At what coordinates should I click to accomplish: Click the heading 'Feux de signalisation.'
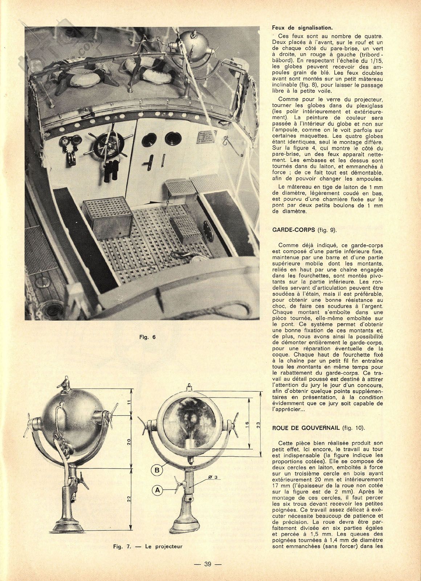point(302,28)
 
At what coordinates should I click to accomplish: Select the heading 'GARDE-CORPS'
point(293,230)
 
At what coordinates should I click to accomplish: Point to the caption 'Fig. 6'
point(147,337)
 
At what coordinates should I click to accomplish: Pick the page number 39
point(208,564)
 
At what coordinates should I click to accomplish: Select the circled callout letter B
point(157,470)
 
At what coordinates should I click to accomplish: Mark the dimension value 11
point(129,402)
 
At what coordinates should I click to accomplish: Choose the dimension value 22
point(129,499)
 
